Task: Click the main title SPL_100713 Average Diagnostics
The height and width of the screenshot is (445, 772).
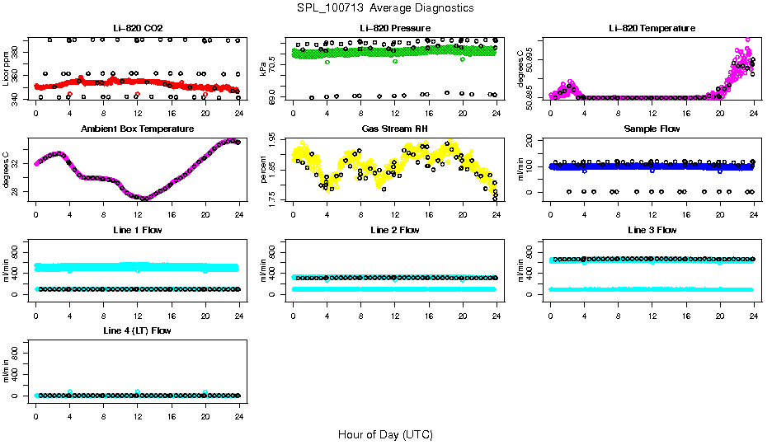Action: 386,7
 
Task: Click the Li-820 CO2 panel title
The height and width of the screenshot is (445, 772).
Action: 138,28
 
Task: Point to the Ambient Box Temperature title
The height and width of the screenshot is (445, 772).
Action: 138,129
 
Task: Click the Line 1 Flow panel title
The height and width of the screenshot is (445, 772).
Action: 138,229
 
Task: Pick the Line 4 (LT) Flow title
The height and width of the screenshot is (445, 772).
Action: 138,330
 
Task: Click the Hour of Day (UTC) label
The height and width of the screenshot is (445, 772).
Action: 385,433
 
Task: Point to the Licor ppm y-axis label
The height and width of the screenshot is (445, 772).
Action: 7,69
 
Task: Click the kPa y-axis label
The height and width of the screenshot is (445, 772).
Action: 263,69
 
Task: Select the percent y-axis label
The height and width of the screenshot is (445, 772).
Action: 263,170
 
